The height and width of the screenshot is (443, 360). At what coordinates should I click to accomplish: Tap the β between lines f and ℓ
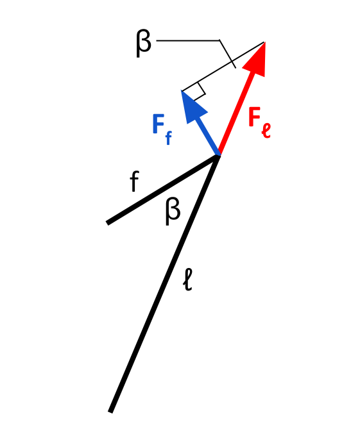pos(173,212)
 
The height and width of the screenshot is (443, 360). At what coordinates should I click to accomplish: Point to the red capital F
pos(255,117)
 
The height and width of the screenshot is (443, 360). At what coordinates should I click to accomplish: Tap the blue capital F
pos(159,124)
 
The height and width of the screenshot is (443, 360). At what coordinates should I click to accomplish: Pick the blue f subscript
pos(169,138)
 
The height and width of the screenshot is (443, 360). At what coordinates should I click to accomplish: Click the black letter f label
pos(134,181)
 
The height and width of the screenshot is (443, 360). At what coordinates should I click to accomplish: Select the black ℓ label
pos(188,280)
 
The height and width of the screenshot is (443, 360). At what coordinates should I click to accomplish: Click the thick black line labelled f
pos(163,189)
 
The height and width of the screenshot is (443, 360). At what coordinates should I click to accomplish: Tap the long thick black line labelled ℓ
pos(165,283)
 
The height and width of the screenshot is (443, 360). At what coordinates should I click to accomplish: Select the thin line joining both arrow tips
pos(223,67)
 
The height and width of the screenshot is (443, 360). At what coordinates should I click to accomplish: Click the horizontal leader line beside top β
pos(188,40)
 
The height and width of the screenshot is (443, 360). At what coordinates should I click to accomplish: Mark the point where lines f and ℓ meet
pos(218,156)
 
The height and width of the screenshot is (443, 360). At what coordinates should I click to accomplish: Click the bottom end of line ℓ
pos(110,412)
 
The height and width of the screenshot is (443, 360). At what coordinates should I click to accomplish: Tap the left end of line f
pos(107,223)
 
